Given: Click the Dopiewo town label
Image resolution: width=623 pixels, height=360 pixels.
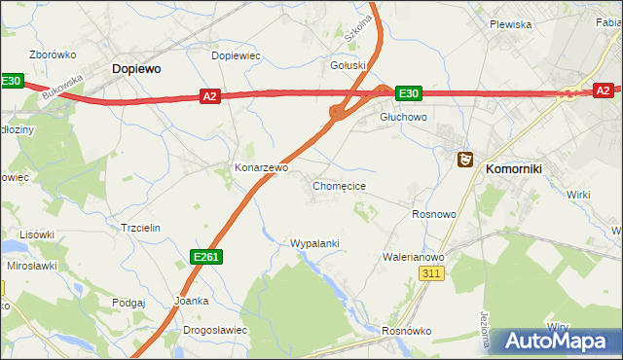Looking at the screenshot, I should [136, 69].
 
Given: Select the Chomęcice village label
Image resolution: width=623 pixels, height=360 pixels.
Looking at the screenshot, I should [339, 185].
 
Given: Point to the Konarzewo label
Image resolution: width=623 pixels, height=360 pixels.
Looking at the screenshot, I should [262, 167].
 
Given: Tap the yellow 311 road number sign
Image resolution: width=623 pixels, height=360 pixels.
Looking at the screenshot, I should [432, 275].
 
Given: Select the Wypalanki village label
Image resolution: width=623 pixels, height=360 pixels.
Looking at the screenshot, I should [314, 243].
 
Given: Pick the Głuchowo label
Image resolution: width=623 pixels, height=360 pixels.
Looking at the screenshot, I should [403, 117].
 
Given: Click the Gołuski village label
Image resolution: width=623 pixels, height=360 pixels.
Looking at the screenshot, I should [348, 65].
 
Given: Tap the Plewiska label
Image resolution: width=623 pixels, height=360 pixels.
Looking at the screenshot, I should [510, 24].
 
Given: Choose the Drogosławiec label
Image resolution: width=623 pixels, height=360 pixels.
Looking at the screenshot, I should [215, 330].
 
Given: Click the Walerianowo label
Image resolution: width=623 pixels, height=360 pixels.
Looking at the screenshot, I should [413, 258].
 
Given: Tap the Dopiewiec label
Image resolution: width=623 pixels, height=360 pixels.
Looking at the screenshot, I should [236, 55].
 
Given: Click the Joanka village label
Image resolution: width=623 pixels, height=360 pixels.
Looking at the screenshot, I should [191, 301].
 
